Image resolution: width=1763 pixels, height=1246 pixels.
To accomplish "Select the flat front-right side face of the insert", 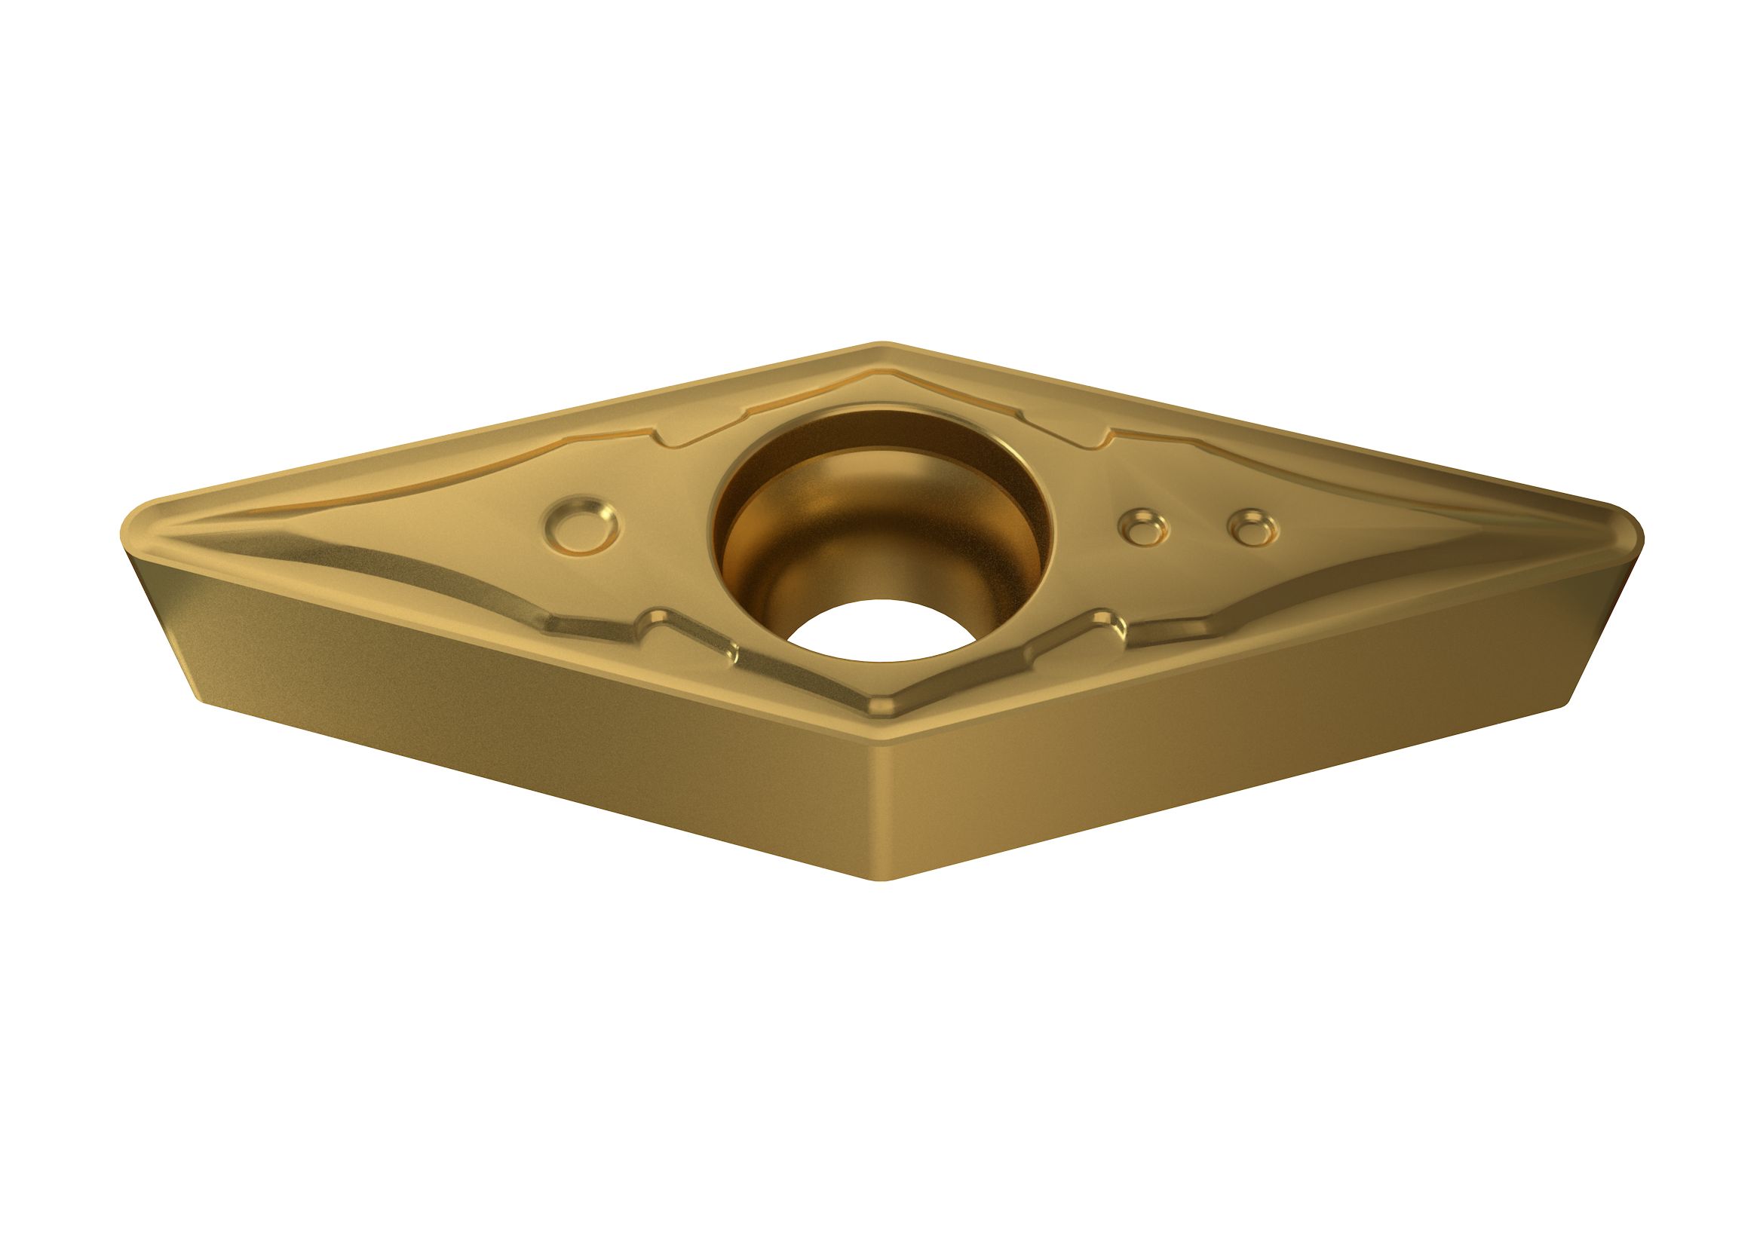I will tap(1267, 721).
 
